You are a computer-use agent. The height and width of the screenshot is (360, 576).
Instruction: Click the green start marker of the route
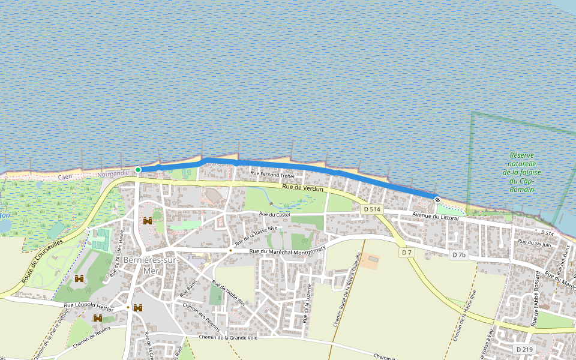[138, 170]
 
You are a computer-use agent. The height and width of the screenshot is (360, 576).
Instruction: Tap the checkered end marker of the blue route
[437, 199]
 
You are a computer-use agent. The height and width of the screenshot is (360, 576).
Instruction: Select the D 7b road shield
[458, 256]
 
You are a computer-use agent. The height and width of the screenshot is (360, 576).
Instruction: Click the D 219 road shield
[524, 349]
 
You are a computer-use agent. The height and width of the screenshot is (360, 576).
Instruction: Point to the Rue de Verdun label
[302, 188]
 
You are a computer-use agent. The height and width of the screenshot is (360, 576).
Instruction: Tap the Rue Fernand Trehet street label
[272, 175]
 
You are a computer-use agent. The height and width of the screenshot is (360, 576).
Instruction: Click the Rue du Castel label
[275, 214]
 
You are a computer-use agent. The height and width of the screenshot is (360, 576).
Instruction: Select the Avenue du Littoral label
[436, 217]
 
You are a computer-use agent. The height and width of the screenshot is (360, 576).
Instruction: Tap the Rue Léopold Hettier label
[88, 306]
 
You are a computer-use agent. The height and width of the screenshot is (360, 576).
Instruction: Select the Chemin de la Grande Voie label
[227, 337]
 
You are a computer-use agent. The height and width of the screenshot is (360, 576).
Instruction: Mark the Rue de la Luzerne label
[307, 303]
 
